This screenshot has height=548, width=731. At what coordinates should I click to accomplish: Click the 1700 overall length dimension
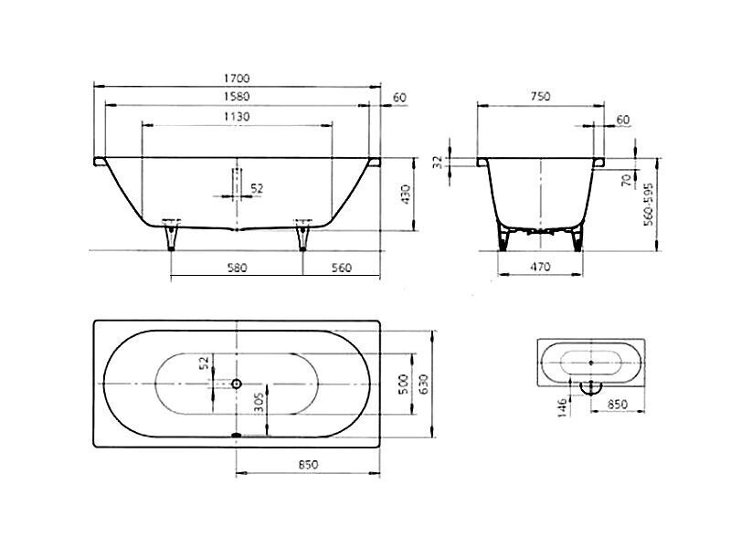[x=237, y=79]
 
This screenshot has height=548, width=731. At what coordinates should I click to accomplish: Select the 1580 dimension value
[x=237, y=97]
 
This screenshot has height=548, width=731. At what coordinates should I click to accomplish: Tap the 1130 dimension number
[x=237, y=117]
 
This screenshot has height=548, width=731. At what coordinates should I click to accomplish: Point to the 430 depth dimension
[x=405, y=195]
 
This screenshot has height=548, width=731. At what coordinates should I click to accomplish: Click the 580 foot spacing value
[x=237, y=268]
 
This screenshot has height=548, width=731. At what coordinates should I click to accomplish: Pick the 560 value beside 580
[x=341, y=268]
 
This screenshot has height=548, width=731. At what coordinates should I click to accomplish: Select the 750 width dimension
[x=540, y=97]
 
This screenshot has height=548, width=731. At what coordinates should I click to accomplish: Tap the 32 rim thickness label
[x=438, y=162]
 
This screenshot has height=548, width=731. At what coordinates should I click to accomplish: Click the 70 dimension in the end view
[x=627, y=179]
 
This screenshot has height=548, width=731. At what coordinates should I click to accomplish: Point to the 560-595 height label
[x=649, y=204]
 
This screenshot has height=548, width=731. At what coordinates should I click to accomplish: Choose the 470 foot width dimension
[x=540, y=267]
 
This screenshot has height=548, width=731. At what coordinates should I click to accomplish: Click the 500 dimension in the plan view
[x=404, y=384]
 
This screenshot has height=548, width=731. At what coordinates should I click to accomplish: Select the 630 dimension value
[x=423, y=384]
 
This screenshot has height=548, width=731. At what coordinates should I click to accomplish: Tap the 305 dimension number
[x=260, y=402]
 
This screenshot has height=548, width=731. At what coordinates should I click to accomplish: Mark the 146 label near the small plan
[x=563, y=407]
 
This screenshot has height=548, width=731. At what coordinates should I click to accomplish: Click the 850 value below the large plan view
[x=308, y=465]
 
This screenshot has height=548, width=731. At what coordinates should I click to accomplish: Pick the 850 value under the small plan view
[x=618, y=405]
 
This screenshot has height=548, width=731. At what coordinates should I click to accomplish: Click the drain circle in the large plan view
[x=237, y=384]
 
